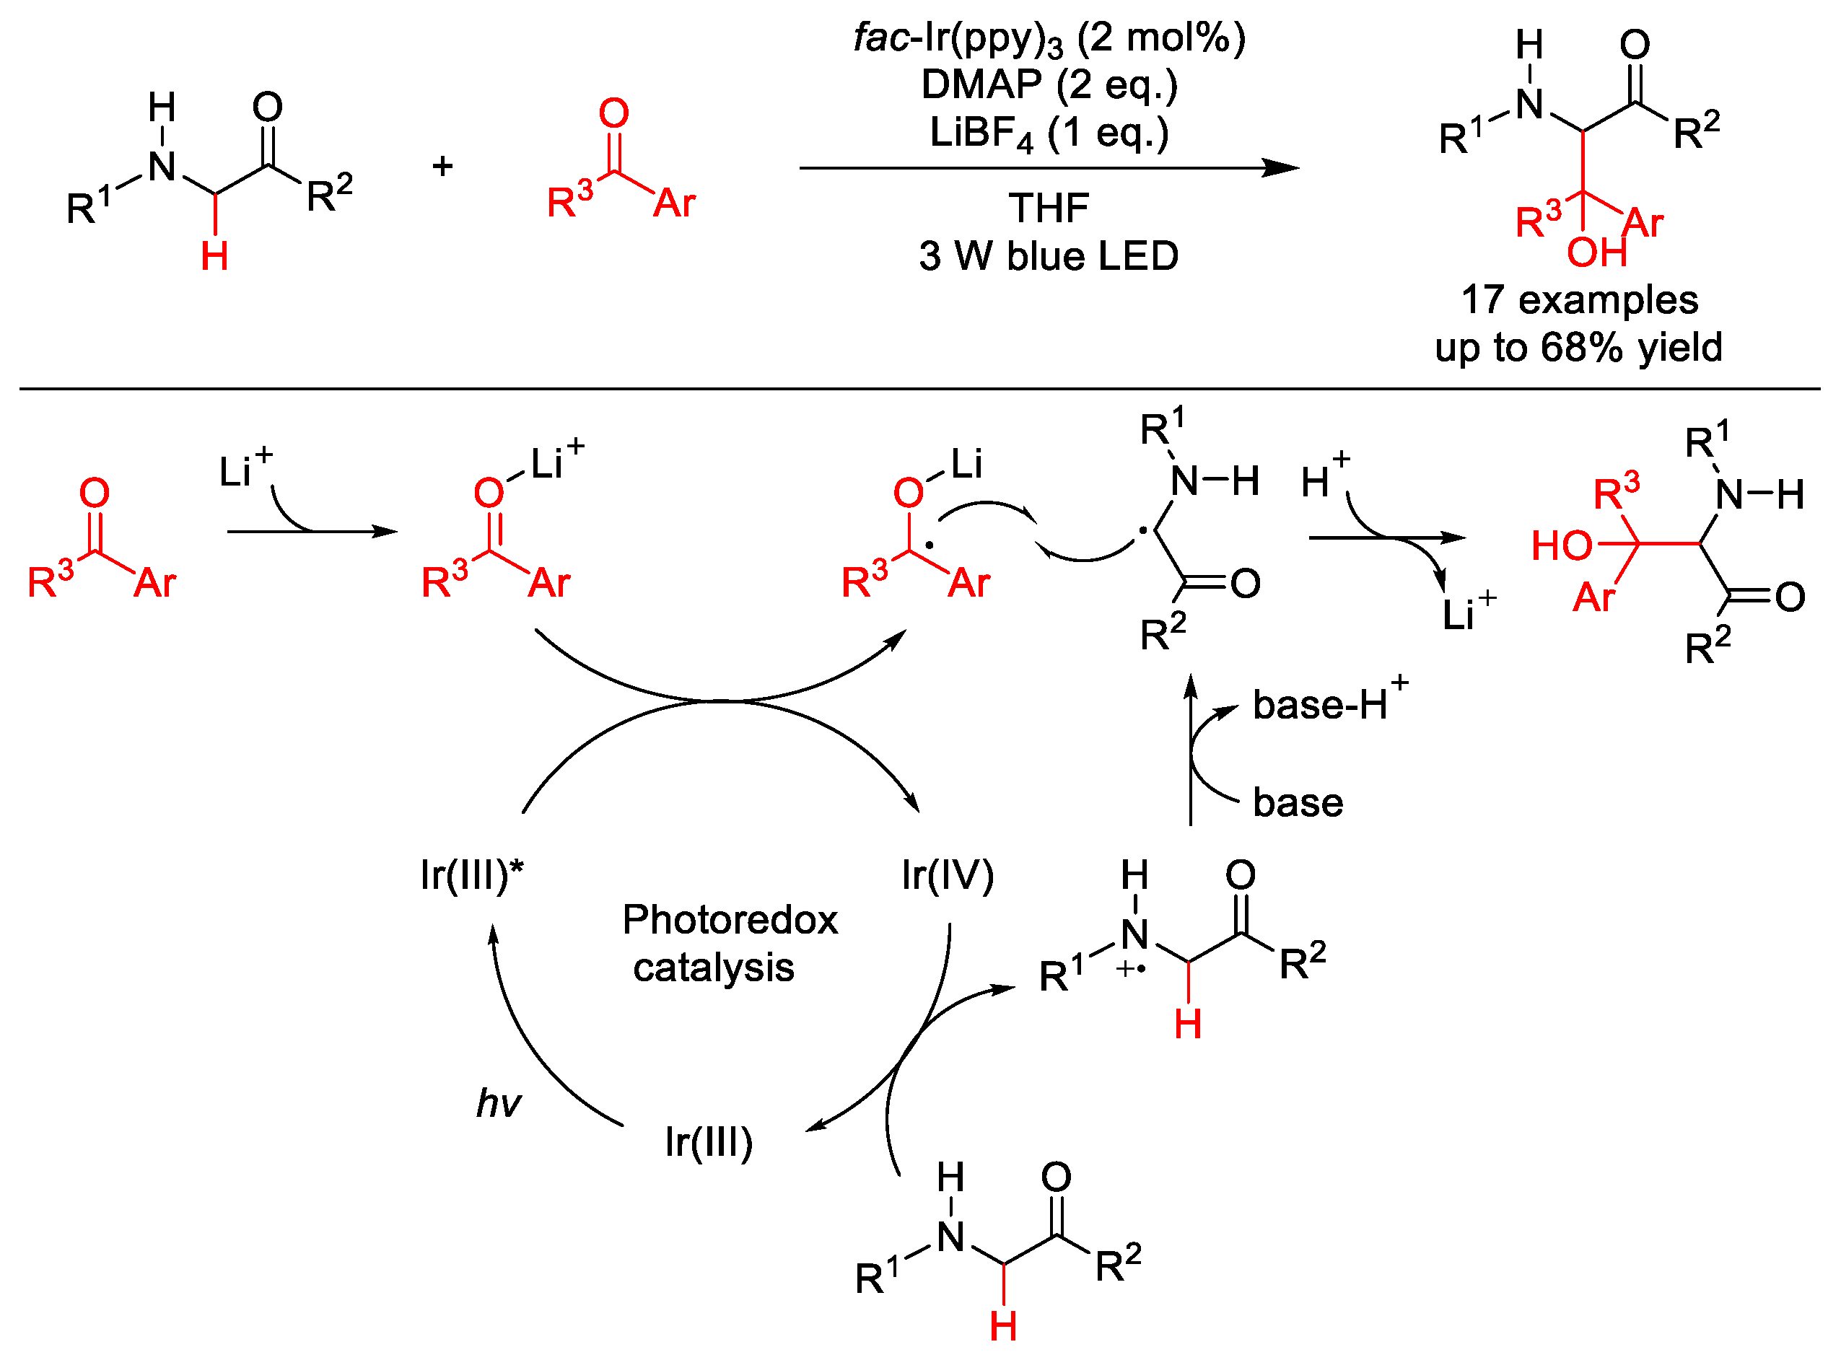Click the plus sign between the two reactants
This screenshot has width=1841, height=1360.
click(x=442, y=167)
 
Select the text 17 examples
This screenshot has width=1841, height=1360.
click(x=1578, y=299)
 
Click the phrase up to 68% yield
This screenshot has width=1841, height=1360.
click(x=1578, y=348)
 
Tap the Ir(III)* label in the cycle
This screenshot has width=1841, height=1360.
click(x=471, y=875)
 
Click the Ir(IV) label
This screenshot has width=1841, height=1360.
click(x=947, y=875)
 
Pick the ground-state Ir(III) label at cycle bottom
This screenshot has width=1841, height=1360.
click(x=708, y=1143)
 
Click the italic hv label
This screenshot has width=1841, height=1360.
click(x=497, y=1103)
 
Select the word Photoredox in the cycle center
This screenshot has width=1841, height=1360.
click(x=730, y=920)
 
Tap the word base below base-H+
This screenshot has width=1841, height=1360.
click(x=1298, y=803)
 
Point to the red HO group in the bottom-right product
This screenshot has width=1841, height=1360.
click(x=1561, y=546)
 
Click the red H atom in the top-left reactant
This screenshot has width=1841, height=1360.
click(x=214, y=257)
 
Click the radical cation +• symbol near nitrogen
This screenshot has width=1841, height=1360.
click(x=1130, y=970)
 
